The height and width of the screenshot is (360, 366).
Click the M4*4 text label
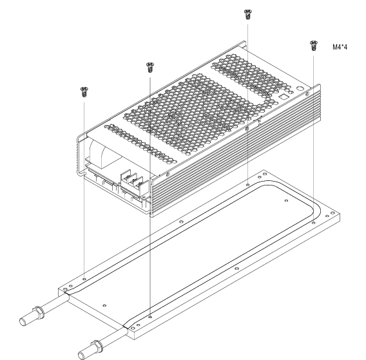point(340,47)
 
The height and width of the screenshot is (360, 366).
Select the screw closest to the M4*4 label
point(313,46)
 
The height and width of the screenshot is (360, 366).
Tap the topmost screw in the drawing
point(247,14)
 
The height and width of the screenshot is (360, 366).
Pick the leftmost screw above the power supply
point(84,92)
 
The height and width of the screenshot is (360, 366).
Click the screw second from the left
point(149,67)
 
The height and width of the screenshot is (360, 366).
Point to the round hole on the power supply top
point(300,89)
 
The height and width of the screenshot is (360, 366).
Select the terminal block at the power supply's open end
point(132,182)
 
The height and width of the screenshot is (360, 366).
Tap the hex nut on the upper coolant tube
point(37,312)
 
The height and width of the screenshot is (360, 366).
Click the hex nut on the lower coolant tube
point(96,346)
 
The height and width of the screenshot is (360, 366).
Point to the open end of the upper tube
point(23,322)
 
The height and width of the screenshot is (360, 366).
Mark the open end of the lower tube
point(81,356)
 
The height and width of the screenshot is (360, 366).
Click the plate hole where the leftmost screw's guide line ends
point(84,279)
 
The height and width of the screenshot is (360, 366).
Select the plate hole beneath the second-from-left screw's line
point(150,317)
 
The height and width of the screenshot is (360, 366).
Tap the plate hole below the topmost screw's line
point(247,185)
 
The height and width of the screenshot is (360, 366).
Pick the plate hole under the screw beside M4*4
point(313,223)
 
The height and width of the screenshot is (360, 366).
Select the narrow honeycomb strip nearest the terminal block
point(140,143)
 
